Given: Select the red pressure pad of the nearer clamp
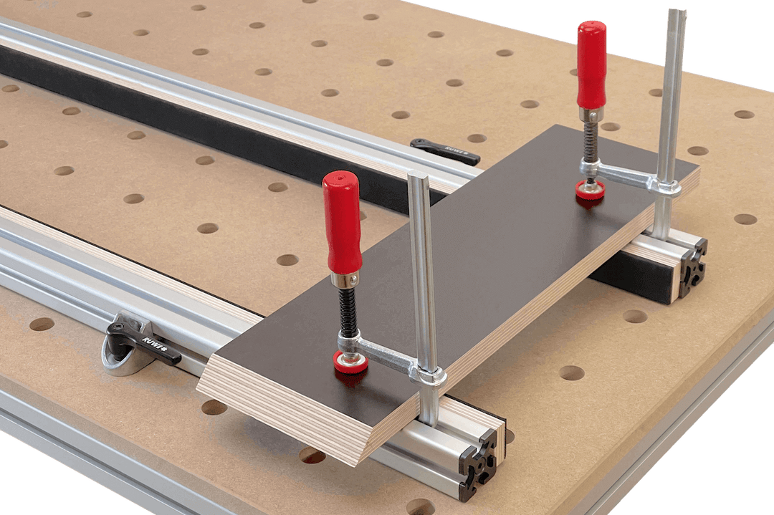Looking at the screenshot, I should pos(350,361).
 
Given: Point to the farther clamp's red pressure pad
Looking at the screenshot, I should pos(590,190).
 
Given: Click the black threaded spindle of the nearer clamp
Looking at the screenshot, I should pos(348,312).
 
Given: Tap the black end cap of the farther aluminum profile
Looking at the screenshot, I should pos(692,269).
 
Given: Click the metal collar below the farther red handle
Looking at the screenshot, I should pos(591,114).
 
